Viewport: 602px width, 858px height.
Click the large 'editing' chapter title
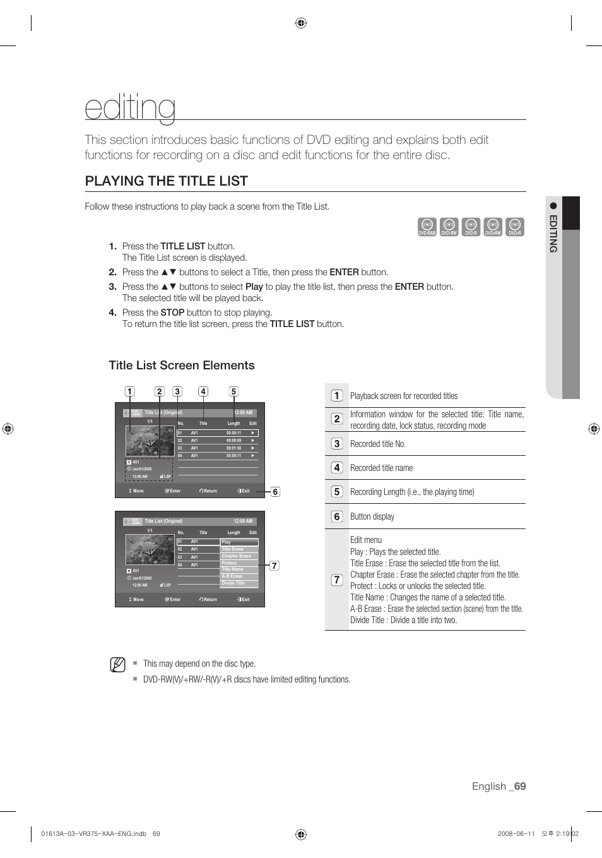[x=131, y=107]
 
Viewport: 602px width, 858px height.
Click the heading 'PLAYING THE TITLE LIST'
[x=166, y=181]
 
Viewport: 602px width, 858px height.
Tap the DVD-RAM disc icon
[x=427, y=227]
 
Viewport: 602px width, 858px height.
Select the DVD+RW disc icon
[x=493, y=227]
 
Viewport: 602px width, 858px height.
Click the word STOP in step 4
[x=172, y=313]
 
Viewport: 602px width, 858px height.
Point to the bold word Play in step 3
[x=254, y=287]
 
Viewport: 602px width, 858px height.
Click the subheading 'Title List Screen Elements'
[x=182, y=366]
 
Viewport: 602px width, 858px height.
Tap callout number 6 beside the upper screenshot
[x=275, y=492]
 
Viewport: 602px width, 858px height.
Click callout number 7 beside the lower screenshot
[x=274, y=566]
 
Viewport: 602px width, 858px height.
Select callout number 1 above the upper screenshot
[x=129, y=391]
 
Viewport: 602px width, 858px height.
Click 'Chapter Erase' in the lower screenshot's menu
[x=236, y=556]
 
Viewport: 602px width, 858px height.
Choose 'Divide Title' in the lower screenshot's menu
[x=233, y=583]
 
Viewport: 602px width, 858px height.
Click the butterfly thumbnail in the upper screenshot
[x=150, y=441]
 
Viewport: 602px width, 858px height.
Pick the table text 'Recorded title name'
[x=381, y=468]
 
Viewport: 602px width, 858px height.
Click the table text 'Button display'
[x=372, y=516]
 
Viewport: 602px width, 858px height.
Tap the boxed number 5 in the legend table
[x=337, y=492]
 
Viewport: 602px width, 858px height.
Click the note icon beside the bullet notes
[x=117, y=665]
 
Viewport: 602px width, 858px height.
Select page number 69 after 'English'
[x=519, y=786]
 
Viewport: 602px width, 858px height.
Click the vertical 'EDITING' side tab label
[x=553, y=234]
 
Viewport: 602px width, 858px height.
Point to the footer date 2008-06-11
[x=516, y=833]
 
